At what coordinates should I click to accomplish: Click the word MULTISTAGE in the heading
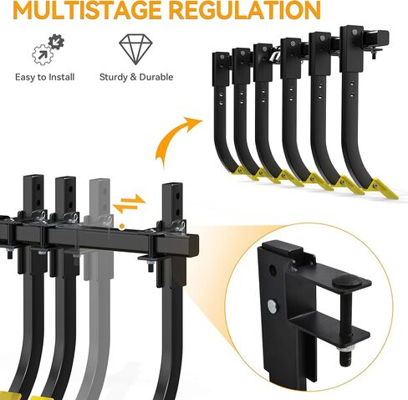point(87,10)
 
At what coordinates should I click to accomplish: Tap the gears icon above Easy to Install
point(48,49)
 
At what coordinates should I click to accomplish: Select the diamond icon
point(135,49)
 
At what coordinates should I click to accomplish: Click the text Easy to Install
point(45,77)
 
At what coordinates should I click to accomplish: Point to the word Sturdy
point(114,77)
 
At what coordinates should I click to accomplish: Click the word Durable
point(156,77)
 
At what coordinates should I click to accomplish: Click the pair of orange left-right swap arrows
point(129,203)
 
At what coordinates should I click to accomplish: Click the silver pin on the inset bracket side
point(272,306)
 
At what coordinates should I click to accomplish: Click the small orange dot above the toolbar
point(122,226)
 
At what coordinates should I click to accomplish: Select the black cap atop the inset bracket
point(283,248)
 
